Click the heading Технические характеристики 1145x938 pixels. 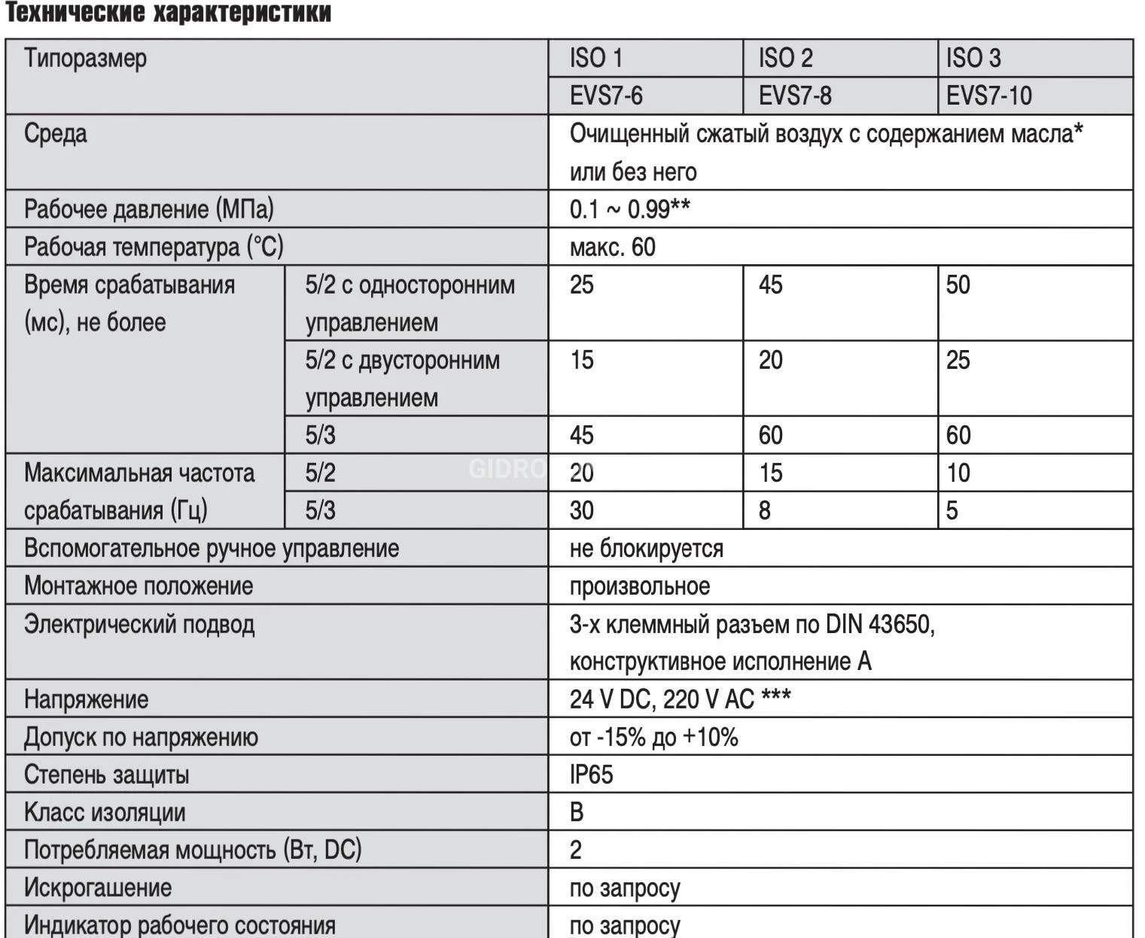[x=168, y=14]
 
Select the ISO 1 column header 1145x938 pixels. [x=596, y=58]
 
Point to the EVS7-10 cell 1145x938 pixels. [x=988, y=96]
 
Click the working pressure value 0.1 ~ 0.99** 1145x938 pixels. [x=629, y=209]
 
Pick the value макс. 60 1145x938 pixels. [x=612, y=247]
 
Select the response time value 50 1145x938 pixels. [x=958, y=285]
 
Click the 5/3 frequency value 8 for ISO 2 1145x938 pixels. [x=765, y=510]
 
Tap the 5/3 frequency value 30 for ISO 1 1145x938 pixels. [x=582, y=510]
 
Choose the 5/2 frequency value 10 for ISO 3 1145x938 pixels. [x=958, y=473]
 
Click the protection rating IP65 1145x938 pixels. [x=591, y=775]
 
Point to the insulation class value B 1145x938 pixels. [x=577, y=812]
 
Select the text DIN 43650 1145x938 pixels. [x=879, y=624]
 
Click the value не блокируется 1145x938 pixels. [x=646, y=548]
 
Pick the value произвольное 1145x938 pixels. [x=639, y=586]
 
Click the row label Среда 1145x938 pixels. [x=56, y=134]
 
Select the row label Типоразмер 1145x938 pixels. [x=85, y=58]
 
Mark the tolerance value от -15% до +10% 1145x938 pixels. [x=653, y=737]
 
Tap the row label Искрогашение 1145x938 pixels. [x=98, y=888]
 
